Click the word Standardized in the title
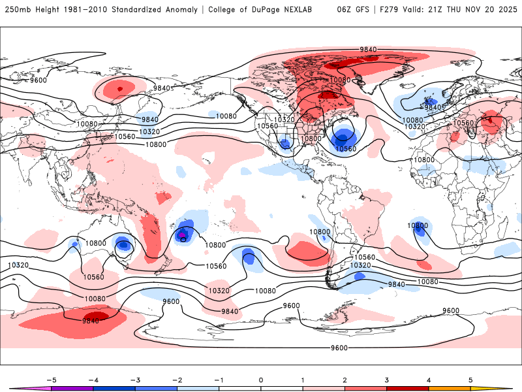(x=140, y=10)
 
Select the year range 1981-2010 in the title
(x=85, y=10)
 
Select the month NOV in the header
(x=472, y=10)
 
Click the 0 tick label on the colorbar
(x=261, y=379)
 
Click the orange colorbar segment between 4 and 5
(x=450, y=388)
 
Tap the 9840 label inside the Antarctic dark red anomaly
(x=91, y=320)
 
